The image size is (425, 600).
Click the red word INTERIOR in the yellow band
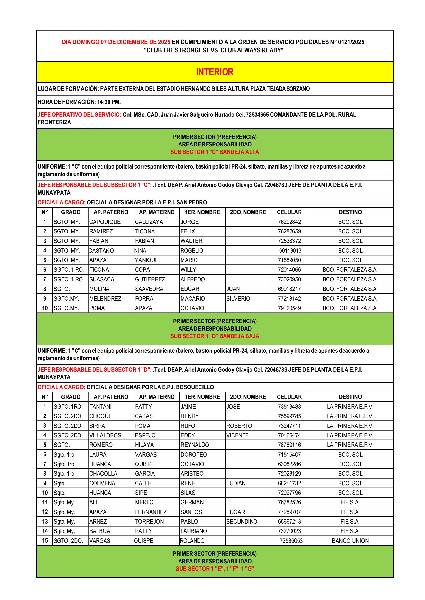coord(215,72)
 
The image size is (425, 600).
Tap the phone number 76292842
coord(289,222)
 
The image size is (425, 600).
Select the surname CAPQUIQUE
coord(105,222)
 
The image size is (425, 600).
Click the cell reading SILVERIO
coord(238,298)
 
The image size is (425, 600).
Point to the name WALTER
coord(191,241)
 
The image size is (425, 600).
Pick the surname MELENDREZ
coord(105,298)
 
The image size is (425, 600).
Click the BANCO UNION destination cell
coord(350,541)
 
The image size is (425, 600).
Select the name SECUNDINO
coord(242,522)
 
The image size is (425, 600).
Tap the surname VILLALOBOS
coord(105,435)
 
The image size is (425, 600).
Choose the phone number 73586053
coord(291,541)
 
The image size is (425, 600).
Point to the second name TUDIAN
coord(236,483)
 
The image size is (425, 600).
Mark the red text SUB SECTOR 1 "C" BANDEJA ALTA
coord(215,152)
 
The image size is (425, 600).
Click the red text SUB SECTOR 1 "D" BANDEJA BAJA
coord(215,336)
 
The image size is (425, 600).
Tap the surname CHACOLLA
coord(103,474)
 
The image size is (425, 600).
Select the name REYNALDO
coord(195,445)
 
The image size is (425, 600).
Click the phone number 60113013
coord(290,251)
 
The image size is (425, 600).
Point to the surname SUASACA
coord(102,279)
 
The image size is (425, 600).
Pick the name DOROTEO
coord(194,455)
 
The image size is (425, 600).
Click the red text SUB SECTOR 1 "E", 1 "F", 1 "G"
coord(215,569)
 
